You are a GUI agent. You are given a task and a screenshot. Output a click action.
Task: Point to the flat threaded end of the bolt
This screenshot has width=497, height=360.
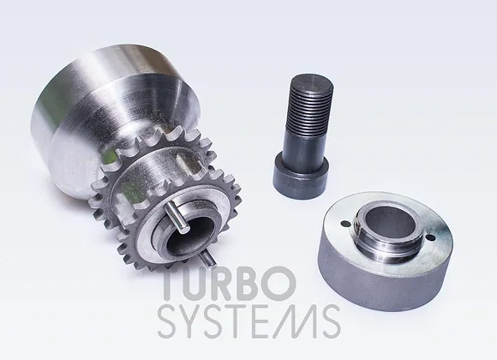tap(312, 81)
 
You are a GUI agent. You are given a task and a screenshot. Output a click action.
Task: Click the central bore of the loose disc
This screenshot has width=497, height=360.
tap(391, 224)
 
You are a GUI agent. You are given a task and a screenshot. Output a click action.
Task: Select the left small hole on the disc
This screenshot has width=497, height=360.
tap(346, 224)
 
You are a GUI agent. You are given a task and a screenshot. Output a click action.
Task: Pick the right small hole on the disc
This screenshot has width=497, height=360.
tap(430, 237)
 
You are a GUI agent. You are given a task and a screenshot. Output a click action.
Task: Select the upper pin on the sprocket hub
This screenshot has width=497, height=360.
tap(177, 216)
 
